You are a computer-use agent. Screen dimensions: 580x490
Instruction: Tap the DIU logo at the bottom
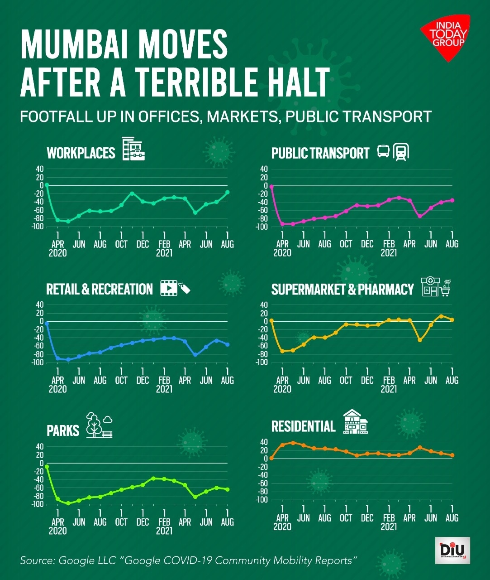point(452,550)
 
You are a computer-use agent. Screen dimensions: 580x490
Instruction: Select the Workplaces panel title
point(81,153)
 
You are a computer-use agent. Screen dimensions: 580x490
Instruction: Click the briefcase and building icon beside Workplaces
point(133,149)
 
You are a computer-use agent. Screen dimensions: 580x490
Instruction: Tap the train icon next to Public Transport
point(401,152)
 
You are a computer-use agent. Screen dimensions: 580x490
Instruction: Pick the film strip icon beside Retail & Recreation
point(169,288)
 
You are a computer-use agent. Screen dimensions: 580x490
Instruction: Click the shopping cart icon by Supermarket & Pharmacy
point(445,288)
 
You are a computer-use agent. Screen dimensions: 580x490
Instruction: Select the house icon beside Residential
point(355,422)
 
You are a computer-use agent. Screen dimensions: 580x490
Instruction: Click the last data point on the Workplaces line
point(227,192)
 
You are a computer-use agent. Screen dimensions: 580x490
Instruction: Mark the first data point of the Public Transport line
point(271,186)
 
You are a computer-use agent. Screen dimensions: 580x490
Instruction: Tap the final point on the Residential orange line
point(452,455)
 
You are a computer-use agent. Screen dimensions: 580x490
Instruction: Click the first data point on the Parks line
point(47,467)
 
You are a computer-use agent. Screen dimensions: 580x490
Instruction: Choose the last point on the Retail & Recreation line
point(227,344)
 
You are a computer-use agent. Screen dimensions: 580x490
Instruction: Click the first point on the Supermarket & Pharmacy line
point(271,320)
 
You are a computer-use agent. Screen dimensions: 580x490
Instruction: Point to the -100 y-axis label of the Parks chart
point(38,504)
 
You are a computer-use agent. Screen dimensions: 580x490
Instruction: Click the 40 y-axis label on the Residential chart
point(264,442)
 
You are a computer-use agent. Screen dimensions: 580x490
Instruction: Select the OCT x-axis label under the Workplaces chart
point(121,244)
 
